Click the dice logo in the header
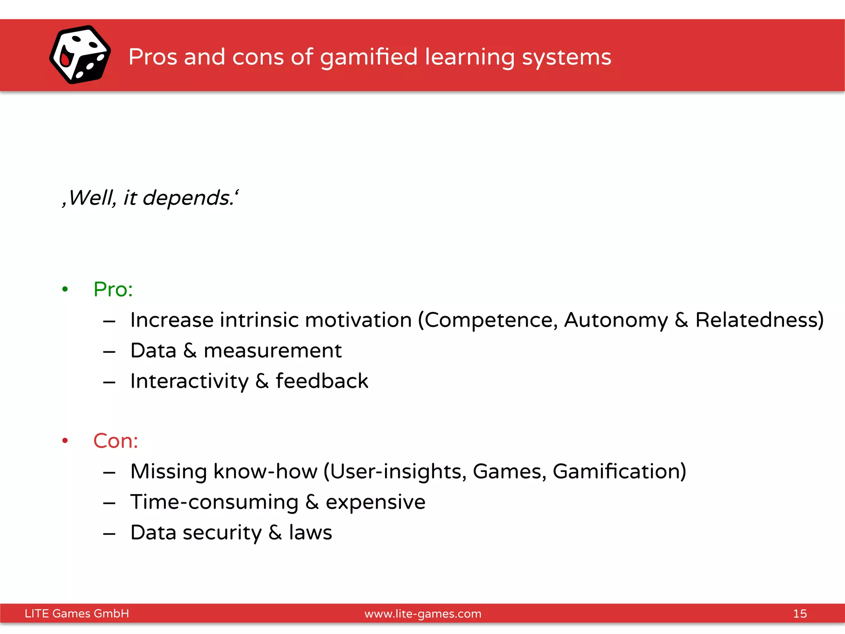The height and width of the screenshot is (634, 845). pos(80,54)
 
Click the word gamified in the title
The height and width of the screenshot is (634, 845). pos(368,57)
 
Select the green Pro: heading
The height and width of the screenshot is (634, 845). pos(113,289)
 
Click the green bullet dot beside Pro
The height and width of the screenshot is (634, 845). pos(65,289)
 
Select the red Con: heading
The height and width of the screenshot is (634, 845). pos(116,440)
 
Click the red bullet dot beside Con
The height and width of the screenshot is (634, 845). pos(65,441)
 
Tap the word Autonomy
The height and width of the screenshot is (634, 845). pos(616,320)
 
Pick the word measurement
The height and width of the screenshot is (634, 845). pos(273,351)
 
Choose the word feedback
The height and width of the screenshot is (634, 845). pos(322,381)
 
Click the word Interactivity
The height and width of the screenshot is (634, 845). pos(189,381)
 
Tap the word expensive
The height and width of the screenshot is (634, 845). pos(375,502)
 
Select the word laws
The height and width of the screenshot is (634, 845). pos(310,532)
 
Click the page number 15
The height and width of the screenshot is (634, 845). pos(800,613)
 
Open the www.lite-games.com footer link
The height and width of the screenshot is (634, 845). pos(423,614)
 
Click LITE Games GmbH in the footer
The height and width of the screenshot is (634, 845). pos(77,613)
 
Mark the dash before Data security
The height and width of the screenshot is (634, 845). pos(109,534)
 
